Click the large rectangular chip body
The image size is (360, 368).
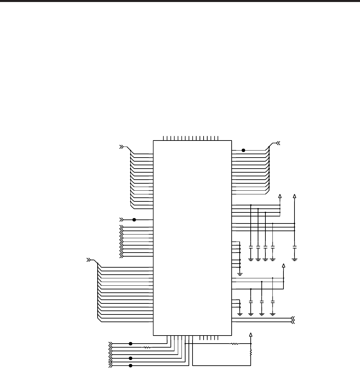coord(192,238)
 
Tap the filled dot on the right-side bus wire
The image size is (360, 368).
coord(243,151)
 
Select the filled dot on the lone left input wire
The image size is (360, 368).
coord(134,220)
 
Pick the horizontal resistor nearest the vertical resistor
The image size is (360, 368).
coord(235,344)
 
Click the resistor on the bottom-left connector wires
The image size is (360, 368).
coord(147,348)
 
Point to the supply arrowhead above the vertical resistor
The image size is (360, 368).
coord(251,335)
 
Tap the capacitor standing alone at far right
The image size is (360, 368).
coord(294,247)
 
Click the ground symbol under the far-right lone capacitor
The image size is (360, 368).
coord(294,259)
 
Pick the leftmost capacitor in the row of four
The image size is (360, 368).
coord(251,247)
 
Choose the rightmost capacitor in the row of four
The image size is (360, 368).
coord(273,247)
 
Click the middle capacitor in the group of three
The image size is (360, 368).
coord(262,302)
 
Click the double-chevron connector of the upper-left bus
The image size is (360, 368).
coord(122,147)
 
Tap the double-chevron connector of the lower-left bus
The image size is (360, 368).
coord(89,260)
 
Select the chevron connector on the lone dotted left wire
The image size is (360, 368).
coord(121,220)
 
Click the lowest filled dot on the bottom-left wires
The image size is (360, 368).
coord(130,366)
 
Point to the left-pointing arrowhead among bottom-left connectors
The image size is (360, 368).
coord(111,362)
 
